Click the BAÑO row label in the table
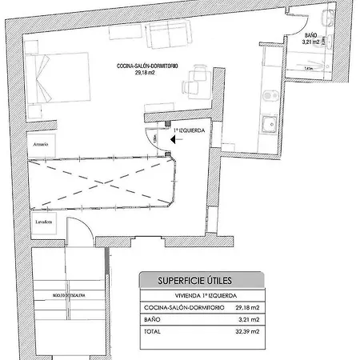point(153,318)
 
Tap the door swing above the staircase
point(78,233)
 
